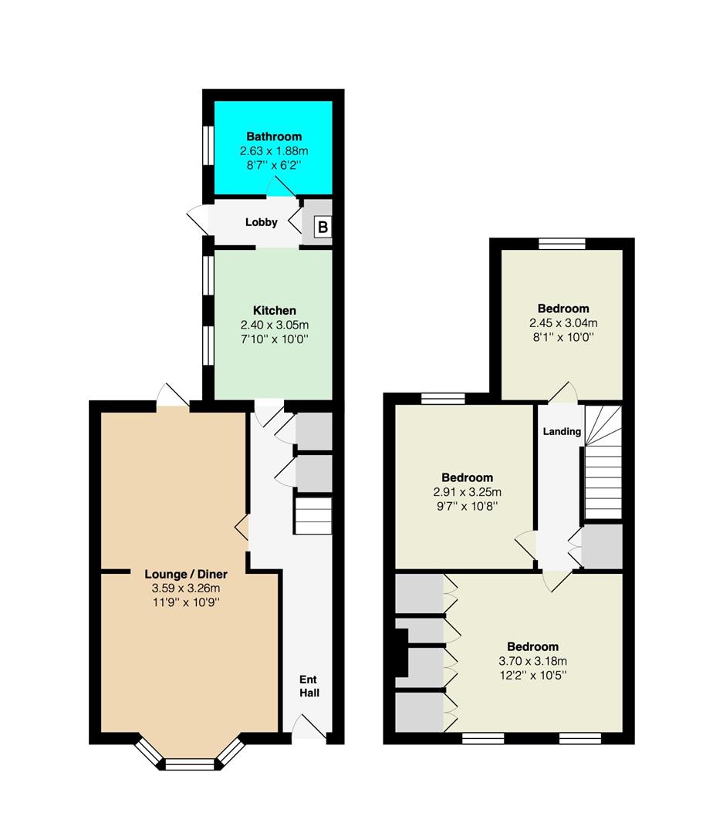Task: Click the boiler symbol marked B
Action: (323, 227)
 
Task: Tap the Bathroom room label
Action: (274, 137)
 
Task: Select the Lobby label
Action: (261, 222)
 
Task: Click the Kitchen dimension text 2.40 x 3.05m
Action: (275, 325)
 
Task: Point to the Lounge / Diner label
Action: (186, 575)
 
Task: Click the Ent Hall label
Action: (309, 686)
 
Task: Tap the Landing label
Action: (562, 431)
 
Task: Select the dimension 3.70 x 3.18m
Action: (532, 662)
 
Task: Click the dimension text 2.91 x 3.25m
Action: (468, 492)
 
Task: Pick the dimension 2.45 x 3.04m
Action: (563, 323)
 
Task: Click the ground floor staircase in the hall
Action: (313, 516)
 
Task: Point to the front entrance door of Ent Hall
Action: (309, 727)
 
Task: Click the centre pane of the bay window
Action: (189, 764)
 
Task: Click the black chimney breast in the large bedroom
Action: (400, 653)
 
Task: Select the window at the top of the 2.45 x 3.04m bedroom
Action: (562, 244)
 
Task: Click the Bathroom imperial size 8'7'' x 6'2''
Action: (274, 165)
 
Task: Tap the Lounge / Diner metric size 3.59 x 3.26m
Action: (186, 588)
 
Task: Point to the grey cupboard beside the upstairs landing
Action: (603, 547)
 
